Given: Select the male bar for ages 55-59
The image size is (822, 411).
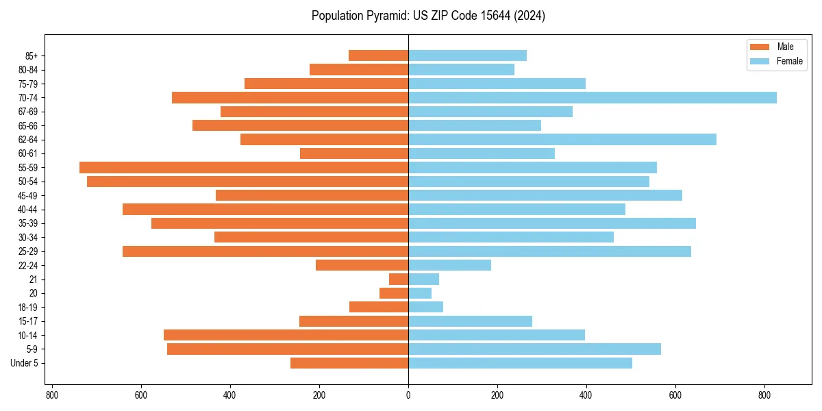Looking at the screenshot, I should tap(244, 167).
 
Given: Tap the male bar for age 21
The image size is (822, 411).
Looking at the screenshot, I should tap(399, 279).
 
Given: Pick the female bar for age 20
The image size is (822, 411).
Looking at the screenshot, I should tap(420, 293).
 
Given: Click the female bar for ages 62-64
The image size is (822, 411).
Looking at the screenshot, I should tap(562, 139).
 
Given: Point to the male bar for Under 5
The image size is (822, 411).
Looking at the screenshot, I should tap(349, 363).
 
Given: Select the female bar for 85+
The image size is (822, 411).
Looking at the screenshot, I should tap(467, 55).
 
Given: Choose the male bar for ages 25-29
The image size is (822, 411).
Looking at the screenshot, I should tap(266, 251).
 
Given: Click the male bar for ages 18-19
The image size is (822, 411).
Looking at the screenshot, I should tap(379, 307).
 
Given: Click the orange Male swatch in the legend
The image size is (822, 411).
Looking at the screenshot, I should tap(760, 47).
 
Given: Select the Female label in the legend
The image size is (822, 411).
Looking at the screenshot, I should tap(789, 61).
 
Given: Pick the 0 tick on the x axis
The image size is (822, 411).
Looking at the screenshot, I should tap(408, 395).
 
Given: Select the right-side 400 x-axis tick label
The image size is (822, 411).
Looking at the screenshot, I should tap(586, 395).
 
